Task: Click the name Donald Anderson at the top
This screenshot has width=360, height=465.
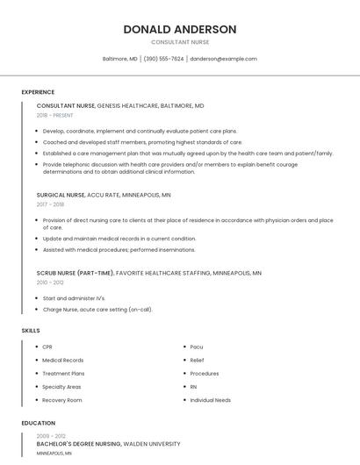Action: coord(180,29)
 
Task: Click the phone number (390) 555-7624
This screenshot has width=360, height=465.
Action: coord(163,59)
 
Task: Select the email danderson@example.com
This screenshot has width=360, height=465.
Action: coord(223,59)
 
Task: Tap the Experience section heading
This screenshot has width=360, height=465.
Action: coord(38,92)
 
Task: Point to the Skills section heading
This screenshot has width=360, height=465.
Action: coord(31,330)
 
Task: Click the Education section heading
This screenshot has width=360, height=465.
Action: coord(38,423)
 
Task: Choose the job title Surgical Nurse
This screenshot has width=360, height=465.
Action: coord(61,195)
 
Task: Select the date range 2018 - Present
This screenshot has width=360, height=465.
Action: coord(55,115)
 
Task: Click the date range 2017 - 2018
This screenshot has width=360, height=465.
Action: coord(50,204)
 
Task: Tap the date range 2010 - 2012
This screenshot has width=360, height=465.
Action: coord(50,283)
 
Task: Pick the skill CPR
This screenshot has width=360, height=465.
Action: coord(47,347)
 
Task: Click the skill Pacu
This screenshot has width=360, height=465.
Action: coord(196,347)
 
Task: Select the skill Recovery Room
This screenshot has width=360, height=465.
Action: coord(62,400)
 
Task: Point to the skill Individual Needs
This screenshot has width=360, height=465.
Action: coord(211,400)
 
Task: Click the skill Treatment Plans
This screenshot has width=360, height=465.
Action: coord(63,373)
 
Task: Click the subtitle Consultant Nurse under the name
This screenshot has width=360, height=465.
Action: coord(180,42)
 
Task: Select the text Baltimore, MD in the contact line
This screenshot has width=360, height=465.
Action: coord(120,59)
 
